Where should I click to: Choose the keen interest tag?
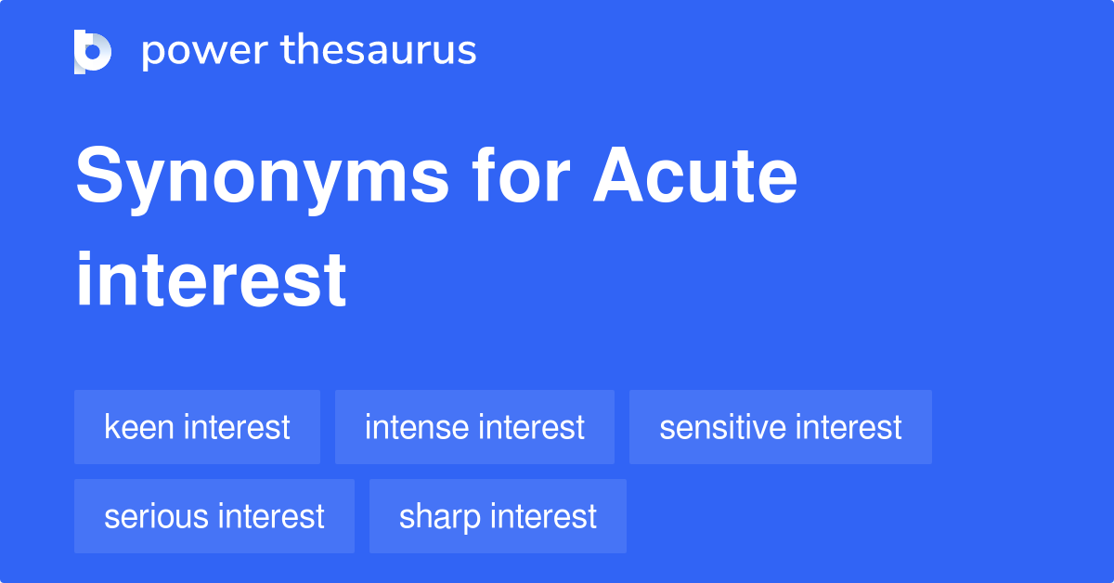197,427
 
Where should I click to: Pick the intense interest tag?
474,427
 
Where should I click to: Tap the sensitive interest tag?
780,427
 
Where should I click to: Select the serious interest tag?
214,516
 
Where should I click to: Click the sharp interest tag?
498,516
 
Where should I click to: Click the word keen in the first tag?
140,427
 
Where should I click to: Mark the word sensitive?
722,427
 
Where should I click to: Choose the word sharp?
437,516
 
